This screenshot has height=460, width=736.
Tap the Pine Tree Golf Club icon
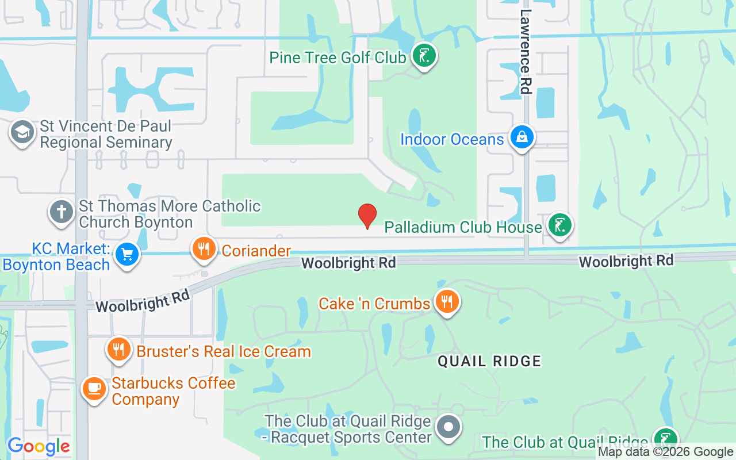tap(424, 56)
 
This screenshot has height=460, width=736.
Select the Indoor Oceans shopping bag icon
tap(522, 138)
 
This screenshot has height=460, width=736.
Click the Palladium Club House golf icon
tap(559, 225)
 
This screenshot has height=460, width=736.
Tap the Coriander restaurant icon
tap(204, 249)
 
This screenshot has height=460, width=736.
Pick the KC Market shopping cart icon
tap(126, 254)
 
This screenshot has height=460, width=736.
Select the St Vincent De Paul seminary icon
tap(22, 132)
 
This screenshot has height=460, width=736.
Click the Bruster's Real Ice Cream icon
tap(119, 349)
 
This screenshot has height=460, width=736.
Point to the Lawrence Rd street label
tap(526, 52)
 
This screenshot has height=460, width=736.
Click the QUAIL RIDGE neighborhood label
tap(489, 361)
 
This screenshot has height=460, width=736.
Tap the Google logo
tap(39, 446)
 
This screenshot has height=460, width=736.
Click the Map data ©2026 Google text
tap(665, 452)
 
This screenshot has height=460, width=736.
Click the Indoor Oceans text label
tap(452, 139)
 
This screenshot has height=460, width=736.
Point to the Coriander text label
tap(256, 251)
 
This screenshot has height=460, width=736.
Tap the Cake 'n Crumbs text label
tap(374, 304)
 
